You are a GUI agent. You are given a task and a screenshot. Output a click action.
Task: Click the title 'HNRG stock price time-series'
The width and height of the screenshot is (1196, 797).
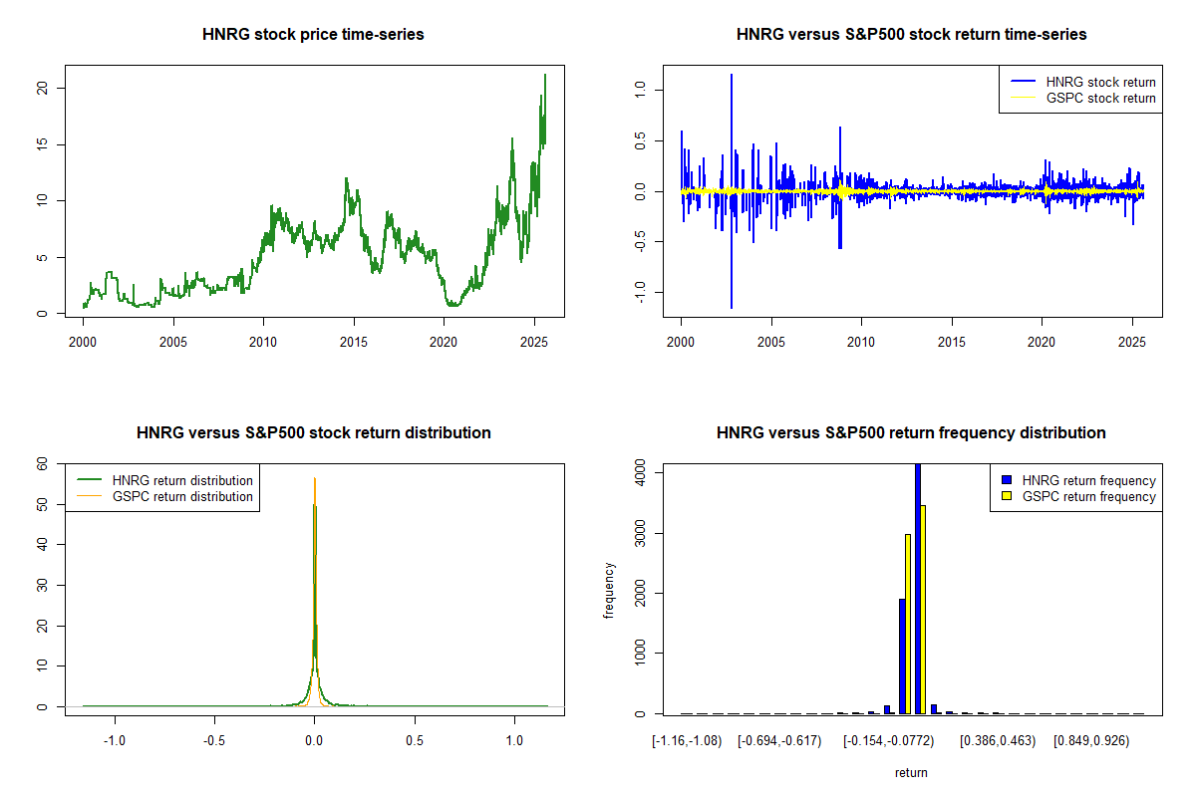click(313, 35)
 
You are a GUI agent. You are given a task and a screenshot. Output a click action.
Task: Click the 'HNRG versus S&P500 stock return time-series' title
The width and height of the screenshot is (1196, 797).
click(911, 35)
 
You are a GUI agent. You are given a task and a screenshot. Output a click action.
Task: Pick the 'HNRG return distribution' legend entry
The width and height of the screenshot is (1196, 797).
click(182, 480)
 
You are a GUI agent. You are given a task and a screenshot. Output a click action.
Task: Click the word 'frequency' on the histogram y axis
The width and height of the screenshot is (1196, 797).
click(610, 590)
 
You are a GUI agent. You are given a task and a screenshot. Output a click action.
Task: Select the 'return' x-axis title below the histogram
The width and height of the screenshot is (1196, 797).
click(911, 772)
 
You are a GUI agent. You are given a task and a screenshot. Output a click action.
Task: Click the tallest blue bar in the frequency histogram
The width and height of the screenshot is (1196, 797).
click(917, 588)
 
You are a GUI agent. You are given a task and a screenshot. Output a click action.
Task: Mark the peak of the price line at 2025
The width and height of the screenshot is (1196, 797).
click(544, 75)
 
